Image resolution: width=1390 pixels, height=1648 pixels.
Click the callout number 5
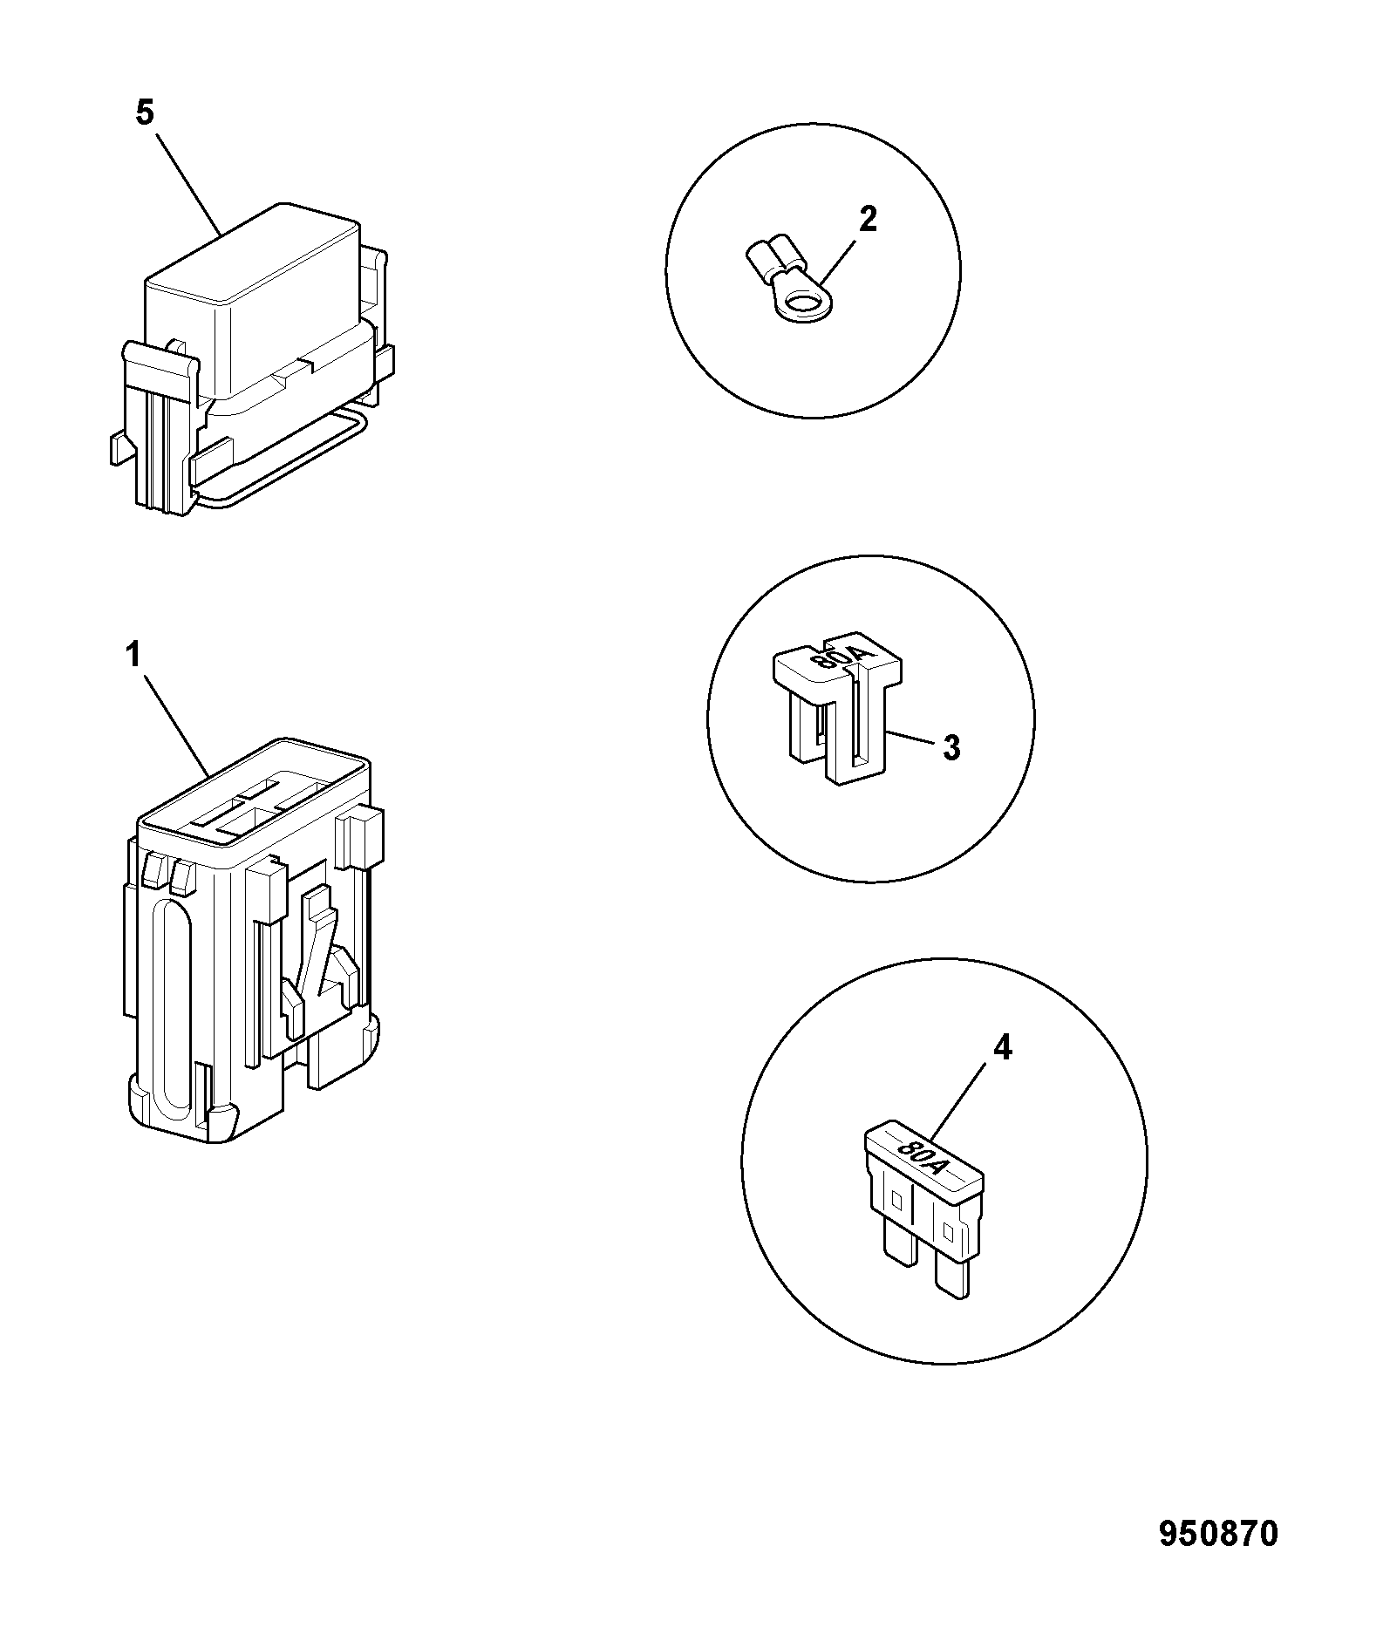[x=145, y=113]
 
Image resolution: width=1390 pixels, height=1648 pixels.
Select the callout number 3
[x=951, y=747]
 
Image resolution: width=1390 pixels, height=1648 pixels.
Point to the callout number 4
[x=1003, y=1047]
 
